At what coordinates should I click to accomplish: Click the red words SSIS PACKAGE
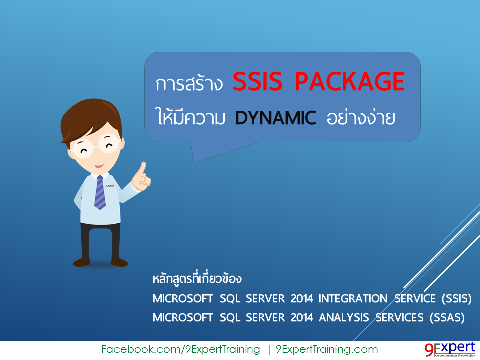tap(318, 82)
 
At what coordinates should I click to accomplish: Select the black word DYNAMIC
tap(276, 118)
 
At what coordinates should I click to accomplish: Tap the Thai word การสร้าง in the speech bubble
tap(189, 84)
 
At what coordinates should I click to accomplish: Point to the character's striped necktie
tap(100, 192)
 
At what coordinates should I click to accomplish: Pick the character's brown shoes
tap(100, 262)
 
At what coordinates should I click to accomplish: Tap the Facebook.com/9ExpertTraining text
tap(180, 349)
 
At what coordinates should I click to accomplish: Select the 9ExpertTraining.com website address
tap(327, 349)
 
